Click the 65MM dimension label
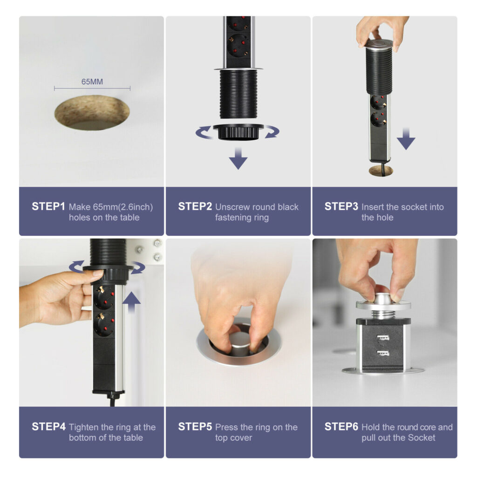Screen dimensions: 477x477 92,82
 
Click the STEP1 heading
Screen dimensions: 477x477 48,206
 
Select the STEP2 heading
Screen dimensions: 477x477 195,206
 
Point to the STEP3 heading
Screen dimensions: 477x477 341,206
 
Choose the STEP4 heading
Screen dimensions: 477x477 48,427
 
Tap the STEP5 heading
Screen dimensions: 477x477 195,427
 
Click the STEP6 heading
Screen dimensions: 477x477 341,427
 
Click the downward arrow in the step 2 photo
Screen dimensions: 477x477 238,158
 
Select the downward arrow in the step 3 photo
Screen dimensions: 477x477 406,139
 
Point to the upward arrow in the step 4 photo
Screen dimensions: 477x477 131,302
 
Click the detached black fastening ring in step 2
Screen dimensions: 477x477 238,132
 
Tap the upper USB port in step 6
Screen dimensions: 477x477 383,338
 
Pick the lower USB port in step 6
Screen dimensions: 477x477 383,354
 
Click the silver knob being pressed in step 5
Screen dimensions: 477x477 240,343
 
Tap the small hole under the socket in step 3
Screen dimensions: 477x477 381,171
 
